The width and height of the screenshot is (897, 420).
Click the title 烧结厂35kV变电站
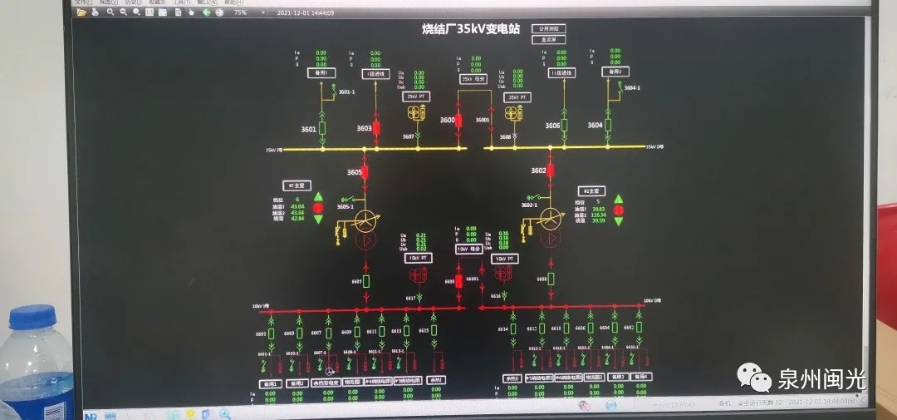[470, 29]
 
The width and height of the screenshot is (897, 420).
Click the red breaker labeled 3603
[376, 129]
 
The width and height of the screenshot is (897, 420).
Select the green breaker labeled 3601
[322, 129]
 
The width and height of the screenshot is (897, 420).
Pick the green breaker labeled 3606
[564, 126]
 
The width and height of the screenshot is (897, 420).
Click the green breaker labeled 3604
[607, 126]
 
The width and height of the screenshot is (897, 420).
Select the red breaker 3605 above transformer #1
[364, 172]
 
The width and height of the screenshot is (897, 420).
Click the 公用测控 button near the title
[547, 28]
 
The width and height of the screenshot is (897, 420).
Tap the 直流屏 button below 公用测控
[547, 39]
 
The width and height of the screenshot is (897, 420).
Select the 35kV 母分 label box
[473, 79]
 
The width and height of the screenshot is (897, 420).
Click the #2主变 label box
[592, 190]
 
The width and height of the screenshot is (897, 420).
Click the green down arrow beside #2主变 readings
[619, 220]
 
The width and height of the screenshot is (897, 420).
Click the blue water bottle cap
[32, 316]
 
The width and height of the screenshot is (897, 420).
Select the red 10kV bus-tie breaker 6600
[460, 282]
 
